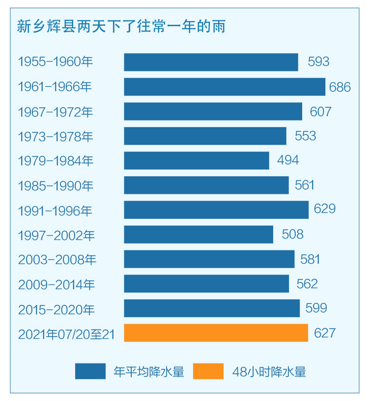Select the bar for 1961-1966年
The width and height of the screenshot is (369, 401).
(225, 87)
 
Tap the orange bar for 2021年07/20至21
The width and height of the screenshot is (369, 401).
(216, 333)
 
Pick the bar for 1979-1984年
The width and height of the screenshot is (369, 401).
(197, 160)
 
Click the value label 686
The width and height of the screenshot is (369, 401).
(340, 87)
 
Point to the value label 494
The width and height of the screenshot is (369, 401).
(288, 160)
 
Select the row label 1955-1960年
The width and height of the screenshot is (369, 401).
(55, 62)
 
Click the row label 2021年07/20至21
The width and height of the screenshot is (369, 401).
(66, 333)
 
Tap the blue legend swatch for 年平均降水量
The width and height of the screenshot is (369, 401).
(90, 371)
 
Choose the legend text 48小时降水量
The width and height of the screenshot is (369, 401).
(269, 371)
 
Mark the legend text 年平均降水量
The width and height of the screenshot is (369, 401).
(149, 371)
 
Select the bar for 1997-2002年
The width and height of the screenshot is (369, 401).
(199, 234)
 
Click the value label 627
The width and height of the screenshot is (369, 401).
(324, 333)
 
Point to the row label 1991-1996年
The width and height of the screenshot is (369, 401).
(55, 210)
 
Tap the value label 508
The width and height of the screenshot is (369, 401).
(293, 234)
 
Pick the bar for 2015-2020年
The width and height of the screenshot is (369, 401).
(212, 308)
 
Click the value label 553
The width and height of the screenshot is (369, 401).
(305, 136)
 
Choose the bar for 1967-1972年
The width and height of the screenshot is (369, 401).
(213, 111)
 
